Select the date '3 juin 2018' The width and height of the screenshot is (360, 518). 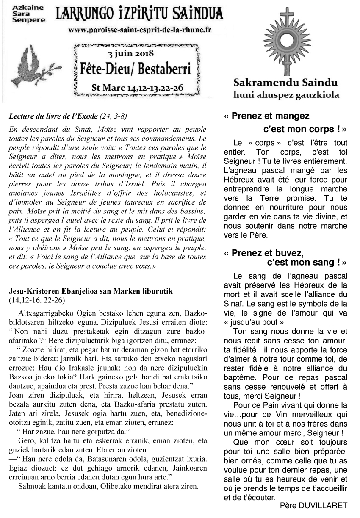[131, 54]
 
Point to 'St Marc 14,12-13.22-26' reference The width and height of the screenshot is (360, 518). [137, 87]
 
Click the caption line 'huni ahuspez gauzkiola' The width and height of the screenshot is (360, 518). [286, 94]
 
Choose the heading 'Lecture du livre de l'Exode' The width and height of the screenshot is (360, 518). [53, 116]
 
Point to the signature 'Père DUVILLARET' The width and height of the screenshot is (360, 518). [313, 505]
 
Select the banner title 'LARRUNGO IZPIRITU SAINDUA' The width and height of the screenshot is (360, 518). [139, 15]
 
